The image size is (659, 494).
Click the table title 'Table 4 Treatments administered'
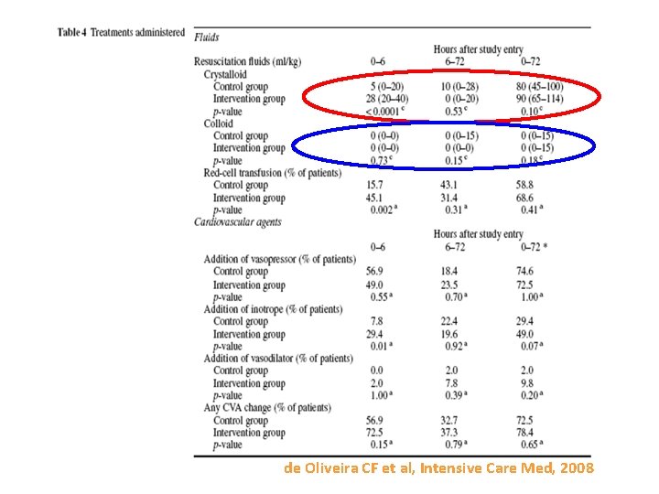[x=121, y=32]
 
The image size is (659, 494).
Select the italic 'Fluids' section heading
[x=206, y=37]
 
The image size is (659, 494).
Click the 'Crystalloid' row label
[x=225, y=74]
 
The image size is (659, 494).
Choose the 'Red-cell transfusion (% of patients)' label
[x=272, y=173]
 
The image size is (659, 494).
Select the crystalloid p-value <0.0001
[x=384, y=112]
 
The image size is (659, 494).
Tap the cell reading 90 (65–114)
[x=540, y=99]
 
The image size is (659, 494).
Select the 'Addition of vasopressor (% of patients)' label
[x=279, y=259]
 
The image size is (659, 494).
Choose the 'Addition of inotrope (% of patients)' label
[x=273, y=309]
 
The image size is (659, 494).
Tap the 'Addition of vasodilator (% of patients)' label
[x=277, y=359]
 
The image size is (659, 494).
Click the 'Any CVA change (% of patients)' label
[x=267, y=408]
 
